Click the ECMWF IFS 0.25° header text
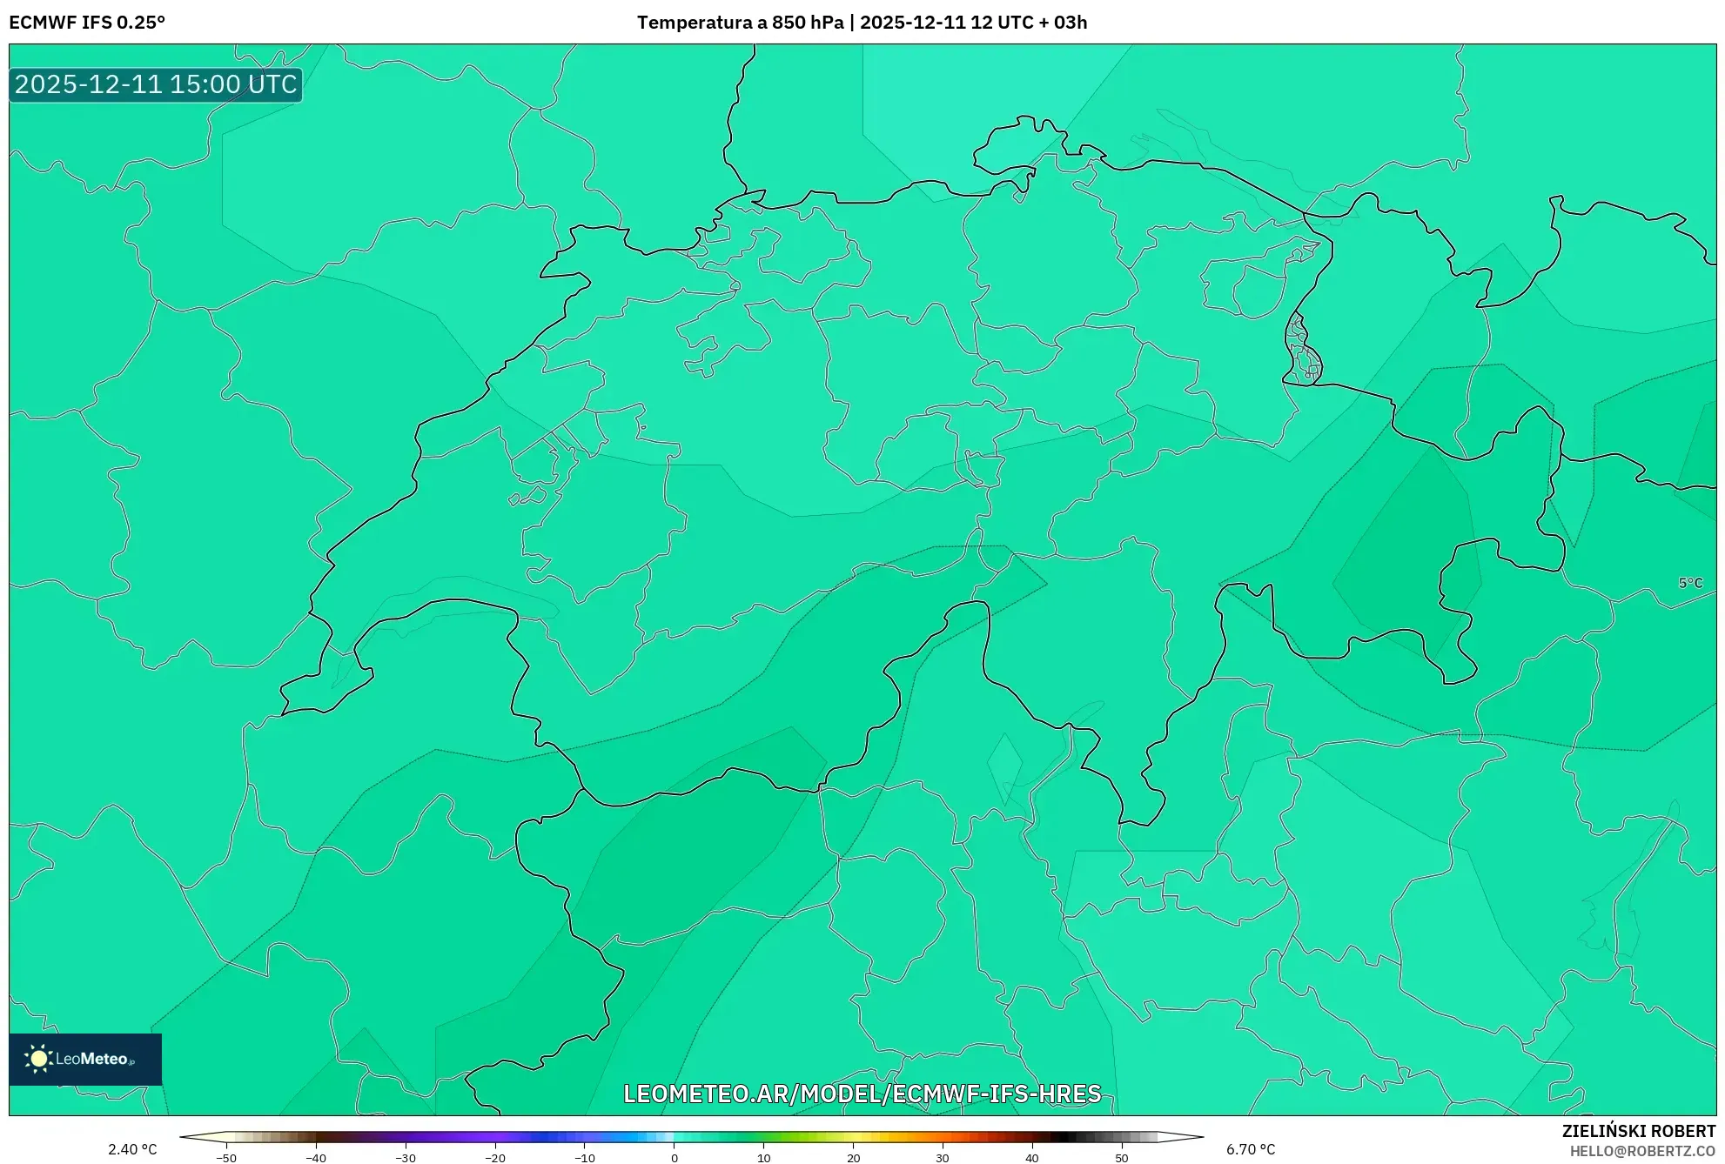tap(87, 23)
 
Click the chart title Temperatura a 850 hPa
tap(740, 23)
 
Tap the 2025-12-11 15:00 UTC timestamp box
tap(156, 84)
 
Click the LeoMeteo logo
tap(85, 1059)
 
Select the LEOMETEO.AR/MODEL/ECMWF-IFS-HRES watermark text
tap(862, 1094)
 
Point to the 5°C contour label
tap(1690, 583)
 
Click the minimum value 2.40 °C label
tap(132, 1149)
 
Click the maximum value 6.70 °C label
tap(1251, 1149)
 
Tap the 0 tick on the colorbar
tap(675, 1158)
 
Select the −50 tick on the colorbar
tap(226, 1158)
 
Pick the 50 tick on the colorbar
tap(1122, 1158)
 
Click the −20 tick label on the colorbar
tap(494, 1158)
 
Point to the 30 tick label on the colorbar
tap(943, 1158)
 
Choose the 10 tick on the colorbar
tap(764, 1158)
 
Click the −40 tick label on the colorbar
tap(316, 1158)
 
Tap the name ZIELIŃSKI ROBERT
tap(1639, 1131)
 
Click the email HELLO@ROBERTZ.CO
tap(1642, 1151)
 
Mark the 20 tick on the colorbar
tap(853, 1158)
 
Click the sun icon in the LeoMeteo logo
tap(38, 1059)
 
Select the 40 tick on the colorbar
tap(1032, 1158)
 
